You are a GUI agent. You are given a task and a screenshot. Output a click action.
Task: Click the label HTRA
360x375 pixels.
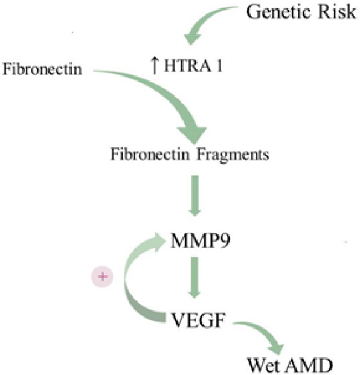182,65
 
